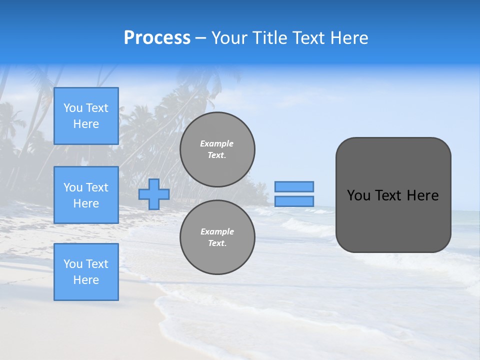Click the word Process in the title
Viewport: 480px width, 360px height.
click(157, 38)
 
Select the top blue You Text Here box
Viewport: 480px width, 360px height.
click(86, 116)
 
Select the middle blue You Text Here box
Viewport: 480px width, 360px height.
click(86, 195)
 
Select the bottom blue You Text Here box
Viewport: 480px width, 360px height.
click(86, 272)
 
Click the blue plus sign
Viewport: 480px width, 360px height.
click(154, 194)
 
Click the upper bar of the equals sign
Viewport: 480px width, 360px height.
click(294, 186)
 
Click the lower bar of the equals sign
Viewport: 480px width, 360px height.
click(294, 201)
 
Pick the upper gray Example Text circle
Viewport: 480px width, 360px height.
click(217, 149)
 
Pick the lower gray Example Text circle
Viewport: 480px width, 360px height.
click(217, 237)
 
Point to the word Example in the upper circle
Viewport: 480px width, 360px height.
click(217, 143)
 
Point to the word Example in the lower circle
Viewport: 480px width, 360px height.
click(217, 231)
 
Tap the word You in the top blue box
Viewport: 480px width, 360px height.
click(72, 108)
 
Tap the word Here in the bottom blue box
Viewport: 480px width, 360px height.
click(86, 280)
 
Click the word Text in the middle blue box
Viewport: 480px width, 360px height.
click(96, 187)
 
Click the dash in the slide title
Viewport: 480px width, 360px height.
click(200, 38)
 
